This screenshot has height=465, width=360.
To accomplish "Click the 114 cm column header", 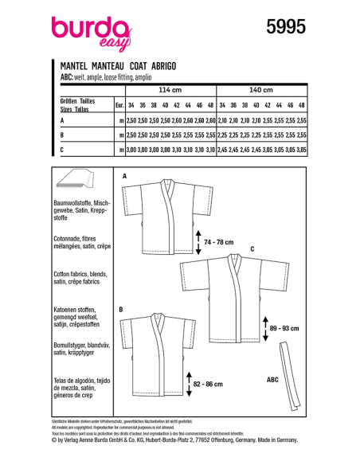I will coord(170,90).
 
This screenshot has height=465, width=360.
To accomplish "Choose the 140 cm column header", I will coord(260,90).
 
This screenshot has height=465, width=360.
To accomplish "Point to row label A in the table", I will coord(62,119).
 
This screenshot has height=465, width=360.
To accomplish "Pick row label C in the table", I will coord(62,149).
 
